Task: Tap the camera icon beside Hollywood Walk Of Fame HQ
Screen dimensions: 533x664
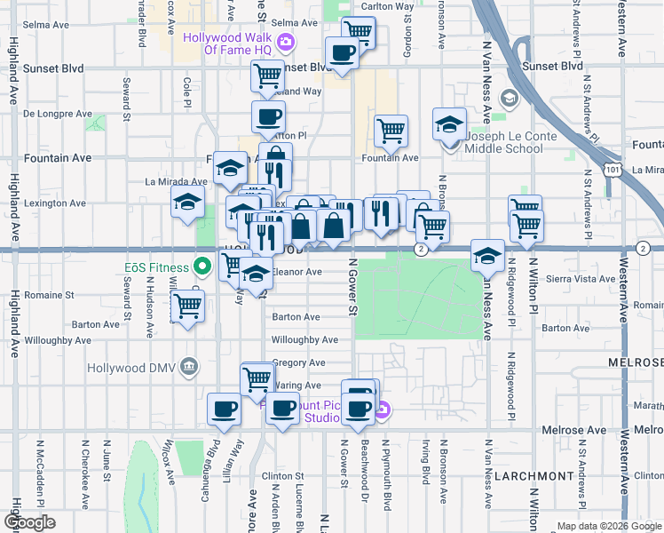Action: tap(286, 41)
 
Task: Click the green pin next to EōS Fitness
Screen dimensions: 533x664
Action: tap(203, 266)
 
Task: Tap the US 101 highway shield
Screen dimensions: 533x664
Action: tap(611, 168)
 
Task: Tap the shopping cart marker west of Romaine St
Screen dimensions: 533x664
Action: tap(186, 306)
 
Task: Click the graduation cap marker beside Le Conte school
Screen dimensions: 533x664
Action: tap(450, 123)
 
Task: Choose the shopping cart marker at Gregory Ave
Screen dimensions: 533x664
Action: tap(257, 378)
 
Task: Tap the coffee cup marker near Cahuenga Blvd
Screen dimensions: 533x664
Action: tap(224, 410)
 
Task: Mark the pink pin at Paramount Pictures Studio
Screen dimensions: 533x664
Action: tap(383, 410)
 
